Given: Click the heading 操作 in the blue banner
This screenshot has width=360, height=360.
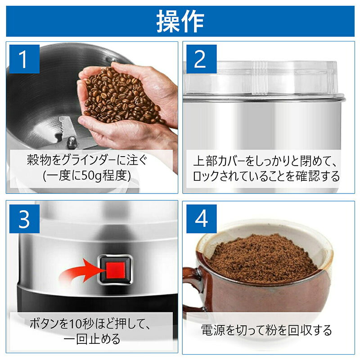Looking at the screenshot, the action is [180, 21].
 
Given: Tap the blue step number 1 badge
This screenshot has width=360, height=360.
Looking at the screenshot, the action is [25, 59].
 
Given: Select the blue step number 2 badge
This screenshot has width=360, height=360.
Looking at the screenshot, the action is [201, 59].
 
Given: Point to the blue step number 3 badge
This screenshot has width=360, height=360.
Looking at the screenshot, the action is [25, 219].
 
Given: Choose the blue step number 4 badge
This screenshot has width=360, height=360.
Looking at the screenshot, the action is [201, 219].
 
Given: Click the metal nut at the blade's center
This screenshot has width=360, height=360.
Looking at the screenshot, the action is [72, 142].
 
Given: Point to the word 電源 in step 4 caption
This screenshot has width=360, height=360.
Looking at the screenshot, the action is [214, 330].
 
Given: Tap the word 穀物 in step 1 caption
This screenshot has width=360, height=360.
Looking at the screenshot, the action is [40, 160].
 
